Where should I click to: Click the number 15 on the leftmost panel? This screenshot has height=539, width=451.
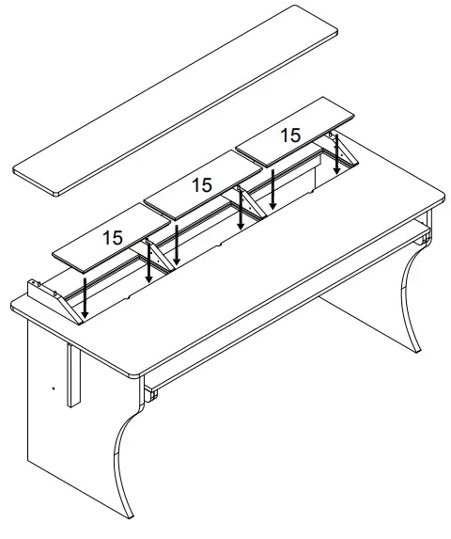(113, 238)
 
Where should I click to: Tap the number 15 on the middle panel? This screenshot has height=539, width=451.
(201, 185)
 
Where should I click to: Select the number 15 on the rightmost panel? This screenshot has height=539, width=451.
(291, 135)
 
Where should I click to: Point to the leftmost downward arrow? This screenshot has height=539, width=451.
(85, 296)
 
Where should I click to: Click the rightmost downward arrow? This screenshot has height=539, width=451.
(338, 156)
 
